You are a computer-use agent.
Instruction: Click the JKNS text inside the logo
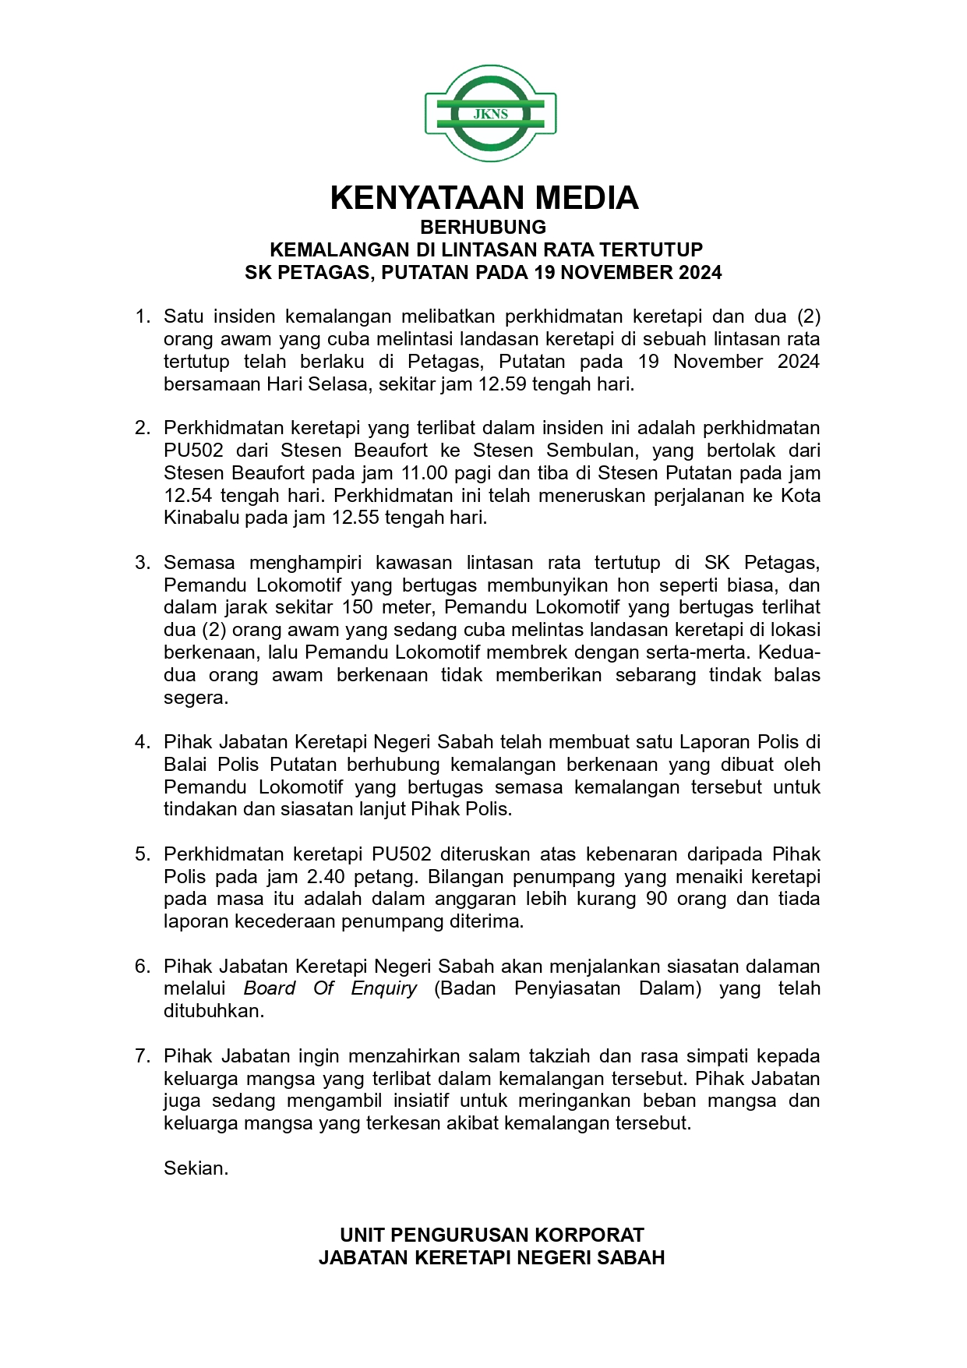click(490, 114)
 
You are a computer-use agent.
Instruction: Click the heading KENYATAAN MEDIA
click(484, 198)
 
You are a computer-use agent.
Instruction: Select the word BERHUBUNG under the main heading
click(483, 227)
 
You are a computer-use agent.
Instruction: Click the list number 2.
click(143, 428)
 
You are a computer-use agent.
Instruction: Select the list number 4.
click(143, 742)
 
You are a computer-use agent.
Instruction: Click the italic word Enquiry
click(384, 988)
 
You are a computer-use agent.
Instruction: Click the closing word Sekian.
click(196, 1168)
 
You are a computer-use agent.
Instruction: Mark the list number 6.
click(143, 967)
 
